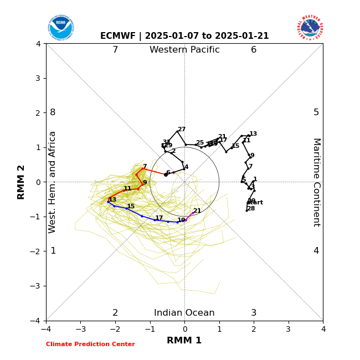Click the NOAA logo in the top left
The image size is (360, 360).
pyautogui.click(x=61, y=27)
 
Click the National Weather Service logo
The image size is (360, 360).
pyautogui.click(x=310, y=27)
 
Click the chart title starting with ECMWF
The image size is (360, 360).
pyautogui.click(x=184, y=36)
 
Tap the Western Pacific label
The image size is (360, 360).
pyautogui.click(x=184, y=50)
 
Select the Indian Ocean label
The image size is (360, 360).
pyautogui.click(x=184, y=313)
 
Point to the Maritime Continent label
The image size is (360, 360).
pyautogui.click(x=316, y=182)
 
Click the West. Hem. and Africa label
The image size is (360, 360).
pyautogui.click(x=53, y=182)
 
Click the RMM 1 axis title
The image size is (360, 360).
pyautogui.click(x=184, y=341)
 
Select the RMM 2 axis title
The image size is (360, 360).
pyautogui.click(x=22, y=182)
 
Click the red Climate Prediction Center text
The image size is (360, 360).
pyautogui.click(x=90, y=344)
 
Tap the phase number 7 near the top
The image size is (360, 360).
pyautogui.click(x=115, y=50)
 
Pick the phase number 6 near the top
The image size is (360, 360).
pyautogui.click(x=254, y=50)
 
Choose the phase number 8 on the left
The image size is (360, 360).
pyautogui.click(x=53, y=112)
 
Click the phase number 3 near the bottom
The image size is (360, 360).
pyautogui.click(x=254, y=313)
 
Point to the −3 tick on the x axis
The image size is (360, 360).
pyautogui.click(x=80, y=329)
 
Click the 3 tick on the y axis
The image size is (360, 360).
pyautogui.click(x=38, y=78)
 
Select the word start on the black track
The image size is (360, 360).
pyautogui.click(x=255, y=203)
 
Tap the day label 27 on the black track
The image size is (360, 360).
pyautogui.click(x=182, y=130)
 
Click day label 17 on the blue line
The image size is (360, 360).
pyautogui.click(x=159, y=218)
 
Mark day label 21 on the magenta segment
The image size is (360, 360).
pyautogui.click(x=197, y=211)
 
